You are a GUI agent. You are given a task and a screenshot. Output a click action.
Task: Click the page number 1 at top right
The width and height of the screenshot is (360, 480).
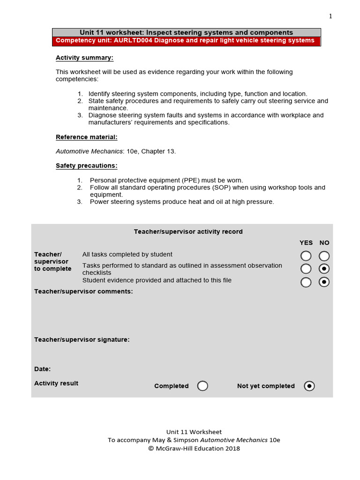click(x=330, y=16)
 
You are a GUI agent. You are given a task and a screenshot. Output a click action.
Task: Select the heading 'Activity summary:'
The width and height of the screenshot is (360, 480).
click(x=84, y=58)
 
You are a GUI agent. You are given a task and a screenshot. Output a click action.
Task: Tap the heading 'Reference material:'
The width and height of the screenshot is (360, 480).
click(x=86, y=137)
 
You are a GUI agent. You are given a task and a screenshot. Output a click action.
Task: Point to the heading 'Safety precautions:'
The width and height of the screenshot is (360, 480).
click(x=86, y=166)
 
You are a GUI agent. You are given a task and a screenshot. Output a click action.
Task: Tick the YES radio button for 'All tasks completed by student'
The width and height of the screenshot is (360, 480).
click(x=306, y=256)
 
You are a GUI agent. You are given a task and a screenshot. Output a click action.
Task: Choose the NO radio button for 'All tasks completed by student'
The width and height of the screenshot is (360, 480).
click(x=324, y=256)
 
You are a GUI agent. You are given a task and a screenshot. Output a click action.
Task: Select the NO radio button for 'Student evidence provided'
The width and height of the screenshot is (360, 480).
click(x=324, y=282)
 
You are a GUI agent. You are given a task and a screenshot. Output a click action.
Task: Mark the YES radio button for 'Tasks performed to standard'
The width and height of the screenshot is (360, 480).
click(x=306, y=269)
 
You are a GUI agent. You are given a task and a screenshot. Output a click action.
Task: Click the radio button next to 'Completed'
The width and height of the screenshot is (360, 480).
click(x=202, y=386)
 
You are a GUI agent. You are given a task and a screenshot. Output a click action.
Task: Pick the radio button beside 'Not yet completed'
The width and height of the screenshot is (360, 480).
click(x=309, y=386)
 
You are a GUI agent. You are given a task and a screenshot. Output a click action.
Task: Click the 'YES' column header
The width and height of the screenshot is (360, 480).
click(x=306, y=243)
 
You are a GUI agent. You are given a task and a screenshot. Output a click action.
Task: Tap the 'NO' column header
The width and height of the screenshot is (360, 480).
click(x=324, y=243)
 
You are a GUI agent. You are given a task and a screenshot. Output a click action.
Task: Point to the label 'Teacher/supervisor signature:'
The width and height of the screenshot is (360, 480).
click(x=82, y=340)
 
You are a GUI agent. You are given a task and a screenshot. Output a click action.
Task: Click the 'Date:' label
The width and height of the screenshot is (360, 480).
click(x=42, y=369)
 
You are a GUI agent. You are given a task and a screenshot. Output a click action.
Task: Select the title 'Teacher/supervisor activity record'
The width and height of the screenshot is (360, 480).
click(x=188, y=232)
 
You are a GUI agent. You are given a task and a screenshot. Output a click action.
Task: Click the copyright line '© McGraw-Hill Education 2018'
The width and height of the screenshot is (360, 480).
click(x=194, y=449)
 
